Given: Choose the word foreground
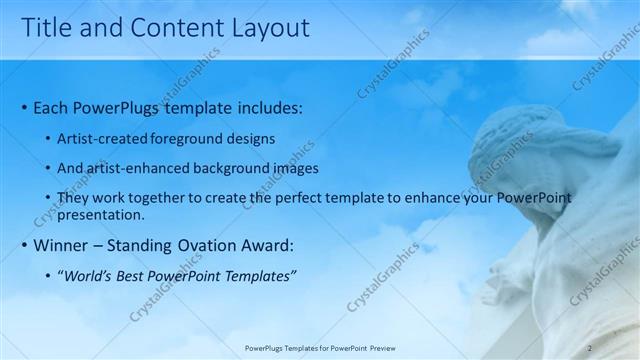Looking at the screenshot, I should pos(188,140).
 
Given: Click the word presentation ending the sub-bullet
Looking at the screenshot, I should pos(102,214).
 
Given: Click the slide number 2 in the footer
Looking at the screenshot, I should pos(589,348).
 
